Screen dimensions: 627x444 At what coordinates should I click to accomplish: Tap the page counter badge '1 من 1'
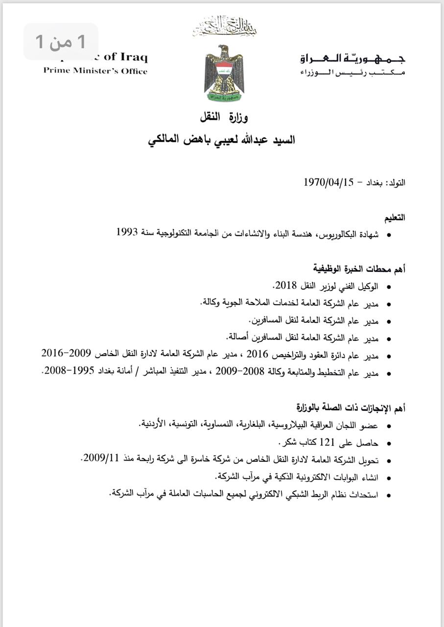61,42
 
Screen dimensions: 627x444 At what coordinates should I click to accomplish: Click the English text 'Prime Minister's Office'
95,71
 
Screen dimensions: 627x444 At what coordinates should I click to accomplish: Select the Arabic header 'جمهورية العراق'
353,59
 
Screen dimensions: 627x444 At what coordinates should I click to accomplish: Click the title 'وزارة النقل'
224,118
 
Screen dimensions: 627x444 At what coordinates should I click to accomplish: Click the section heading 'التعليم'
395,217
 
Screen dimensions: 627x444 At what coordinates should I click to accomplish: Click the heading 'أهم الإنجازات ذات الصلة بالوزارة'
351,408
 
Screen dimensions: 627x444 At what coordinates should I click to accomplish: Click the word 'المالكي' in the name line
168,140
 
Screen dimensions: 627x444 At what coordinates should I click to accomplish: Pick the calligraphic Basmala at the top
224,26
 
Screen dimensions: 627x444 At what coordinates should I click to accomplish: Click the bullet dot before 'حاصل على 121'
389,444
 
